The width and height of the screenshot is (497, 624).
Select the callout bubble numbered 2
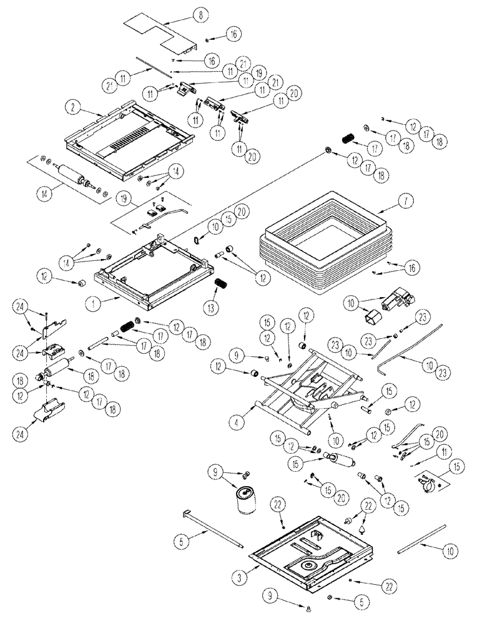click(x=74, y=107)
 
